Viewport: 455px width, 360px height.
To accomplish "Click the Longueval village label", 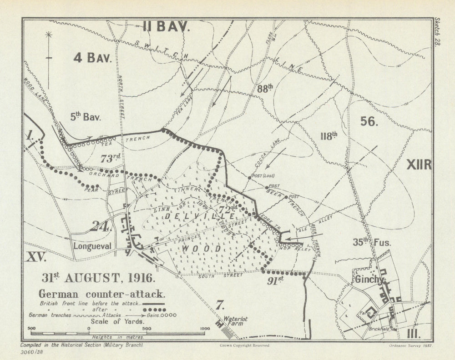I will click(x=92, y=245).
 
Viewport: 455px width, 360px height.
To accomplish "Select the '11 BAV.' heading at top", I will click(x=165, y=28).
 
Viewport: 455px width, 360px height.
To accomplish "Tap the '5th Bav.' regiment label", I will click(x=86, y=117).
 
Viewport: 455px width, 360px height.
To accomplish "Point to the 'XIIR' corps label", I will click(x=418, y=165).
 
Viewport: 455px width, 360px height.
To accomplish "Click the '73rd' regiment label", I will click(x=111, y=158).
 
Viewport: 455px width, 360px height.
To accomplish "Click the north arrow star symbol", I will click(x=49, y=35).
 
